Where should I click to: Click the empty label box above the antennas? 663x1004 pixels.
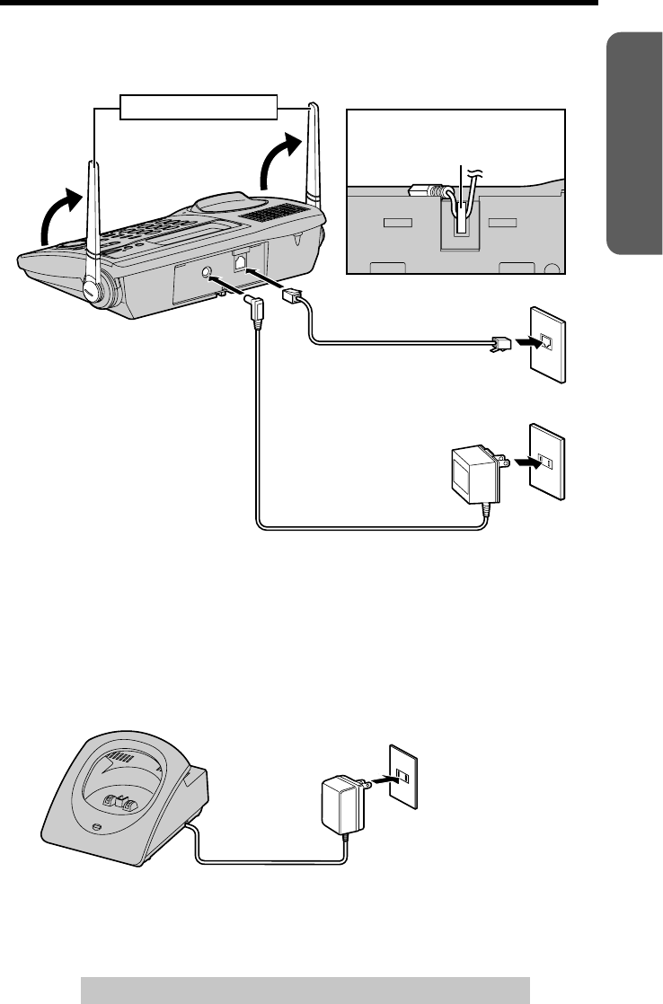(199, 106)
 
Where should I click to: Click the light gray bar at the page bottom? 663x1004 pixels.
(305, 988)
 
